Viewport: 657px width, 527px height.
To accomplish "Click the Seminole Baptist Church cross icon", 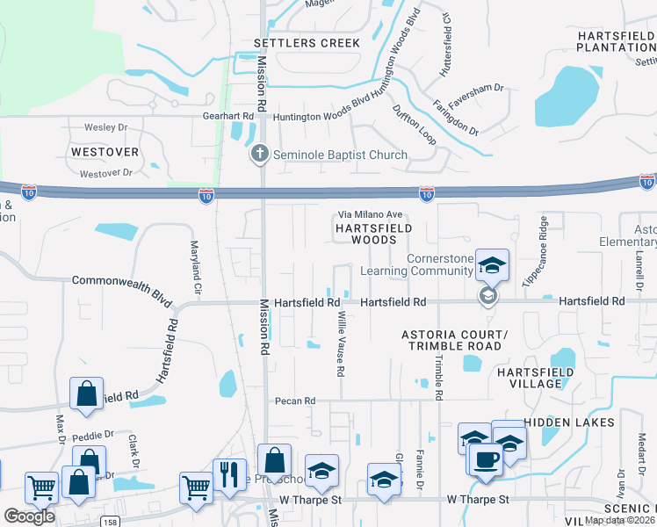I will click(x=259, y=155).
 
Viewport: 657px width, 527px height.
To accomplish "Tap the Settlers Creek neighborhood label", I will click(x=307, y=43).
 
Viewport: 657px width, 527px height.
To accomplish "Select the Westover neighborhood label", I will click(x=105, y=152).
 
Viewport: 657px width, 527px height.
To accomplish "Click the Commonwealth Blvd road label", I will click(x=121, y=281).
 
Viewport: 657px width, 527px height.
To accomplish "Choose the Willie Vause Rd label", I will click(x=340, y=346).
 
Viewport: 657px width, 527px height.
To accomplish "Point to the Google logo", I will click(x=29, y=516).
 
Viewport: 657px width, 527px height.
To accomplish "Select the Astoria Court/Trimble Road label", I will click(x=453, y=340).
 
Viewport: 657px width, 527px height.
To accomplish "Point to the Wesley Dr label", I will click(x=105, y=127).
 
